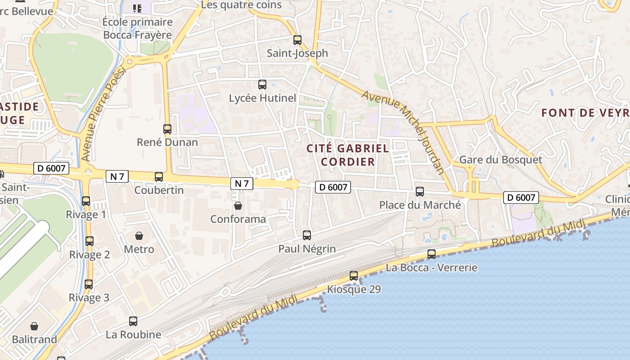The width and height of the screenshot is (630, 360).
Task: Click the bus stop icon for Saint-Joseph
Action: pos(297,40)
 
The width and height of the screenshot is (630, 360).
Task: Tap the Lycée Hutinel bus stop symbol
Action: pos(262,84)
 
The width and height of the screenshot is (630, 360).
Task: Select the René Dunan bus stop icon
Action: pos(167,129)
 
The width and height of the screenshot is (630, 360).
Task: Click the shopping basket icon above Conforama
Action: pos(238,206)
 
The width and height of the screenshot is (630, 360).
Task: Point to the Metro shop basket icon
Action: pos(139,236)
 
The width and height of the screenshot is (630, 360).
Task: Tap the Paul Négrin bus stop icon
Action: pos(307,235)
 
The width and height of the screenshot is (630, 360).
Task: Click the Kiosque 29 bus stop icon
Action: pos(354,276)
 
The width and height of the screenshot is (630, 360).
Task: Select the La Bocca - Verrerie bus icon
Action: pos(432,254)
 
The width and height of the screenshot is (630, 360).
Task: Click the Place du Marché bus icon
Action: pos(420,192)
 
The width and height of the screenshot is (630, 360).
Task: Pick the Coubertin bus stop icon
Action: pos(159,177)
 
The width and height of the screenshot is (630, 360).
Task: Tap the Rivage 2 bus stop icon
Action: pos(90,241)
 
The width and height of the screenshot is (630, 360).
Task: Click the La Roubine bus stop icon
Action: pos(133,321)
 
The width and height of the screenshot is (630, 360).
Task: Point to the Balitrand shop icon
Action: pos(34,326)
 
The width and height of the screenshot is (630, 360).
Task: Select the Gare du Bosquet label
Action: pos(500,160)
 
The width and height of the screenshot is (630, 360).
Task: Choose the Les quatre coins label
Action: pos(241,5)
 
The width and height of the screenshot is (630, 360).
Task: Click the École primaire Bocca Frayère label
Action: pos(137,28)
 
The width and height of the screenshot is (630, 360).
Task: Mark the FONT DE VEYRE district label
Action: pos(585,112)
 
